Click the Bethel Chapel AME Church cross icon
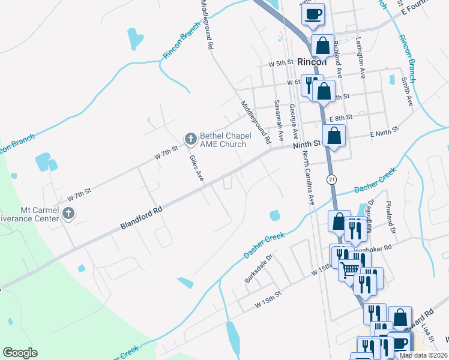(190, 140)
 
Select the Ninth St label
(307, 145)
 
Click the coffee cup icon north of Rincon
(312, 14)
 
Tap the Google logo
(20, 353)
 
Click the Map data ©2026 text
(424, 355)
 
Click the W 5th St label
(280, 63)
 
